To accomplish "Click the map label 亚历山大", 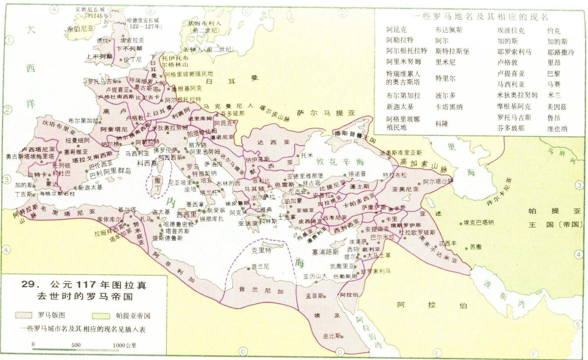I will pos(315,276).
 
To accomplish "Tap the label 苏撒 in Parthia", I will pos(476,247).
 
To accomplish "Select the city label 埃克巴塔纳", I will pos(479,222).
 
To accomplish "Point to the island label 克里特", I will pos(261,250).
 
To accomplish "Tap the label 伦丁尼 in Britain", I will pos(132,59).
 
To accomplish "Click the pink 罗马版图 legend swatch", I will pos(23,315).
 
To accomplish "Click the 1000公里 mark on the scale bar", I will pos(124,345).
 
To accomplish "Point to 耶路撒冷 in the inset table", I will pos(561,52).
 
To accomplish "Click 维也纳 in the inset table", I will pos(557,129).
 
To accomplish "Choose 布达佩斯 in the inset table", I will pos(449,30).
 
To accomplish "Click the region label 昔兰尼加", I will pos(261,290).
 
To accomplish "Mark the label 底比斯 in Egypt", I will pos(332,336).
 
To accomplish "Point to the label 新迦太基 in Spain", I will pos(90,187).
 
